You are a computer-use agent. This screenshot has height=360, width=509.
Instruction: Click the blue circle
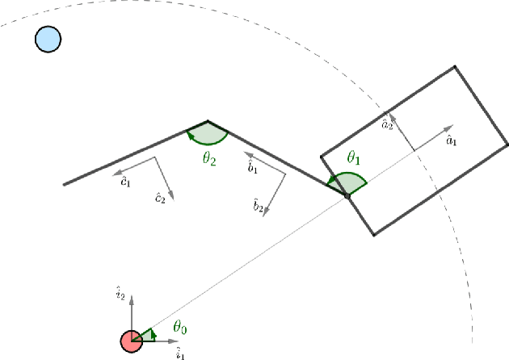(x=48, y=39)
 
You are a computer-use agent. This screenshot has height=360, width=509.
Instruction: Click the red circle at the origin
(x=132, y=341)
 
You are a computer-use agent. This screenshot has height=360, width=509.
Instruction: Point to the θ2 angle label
(x=209, y=158)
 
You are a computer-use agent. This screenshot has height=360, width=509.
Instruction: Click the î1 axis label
(x=181, y=354)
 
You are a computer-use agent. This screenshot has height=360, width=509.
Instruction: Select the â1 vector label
(x=452, y=141)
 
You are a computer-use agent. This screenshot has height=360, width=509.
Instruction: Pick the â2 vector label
(x=388, y=124)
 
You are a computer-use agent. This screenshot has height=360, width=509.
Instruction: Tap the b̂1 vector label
(x=253, y=168)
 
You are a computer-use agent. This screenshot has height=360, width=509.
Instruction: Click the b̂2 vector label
(x=258, y=207)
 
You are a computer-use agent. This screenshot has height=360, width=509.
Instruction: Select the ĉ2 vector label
(x=160, y=198)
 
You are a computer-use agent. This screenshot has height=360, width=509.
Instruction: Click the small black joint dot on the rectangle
(x=347, y=195)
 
